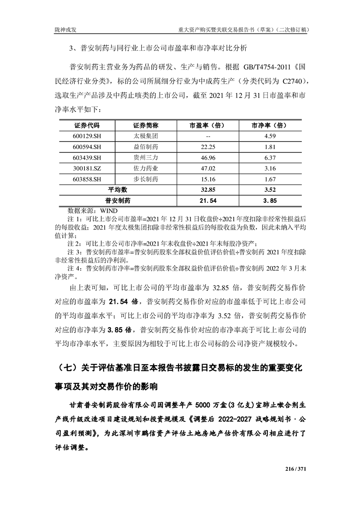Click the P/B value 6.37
pyautogui.click(x=270, y=158)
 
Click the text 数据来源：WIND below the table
pyautogui.click(x=93, y=211)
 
